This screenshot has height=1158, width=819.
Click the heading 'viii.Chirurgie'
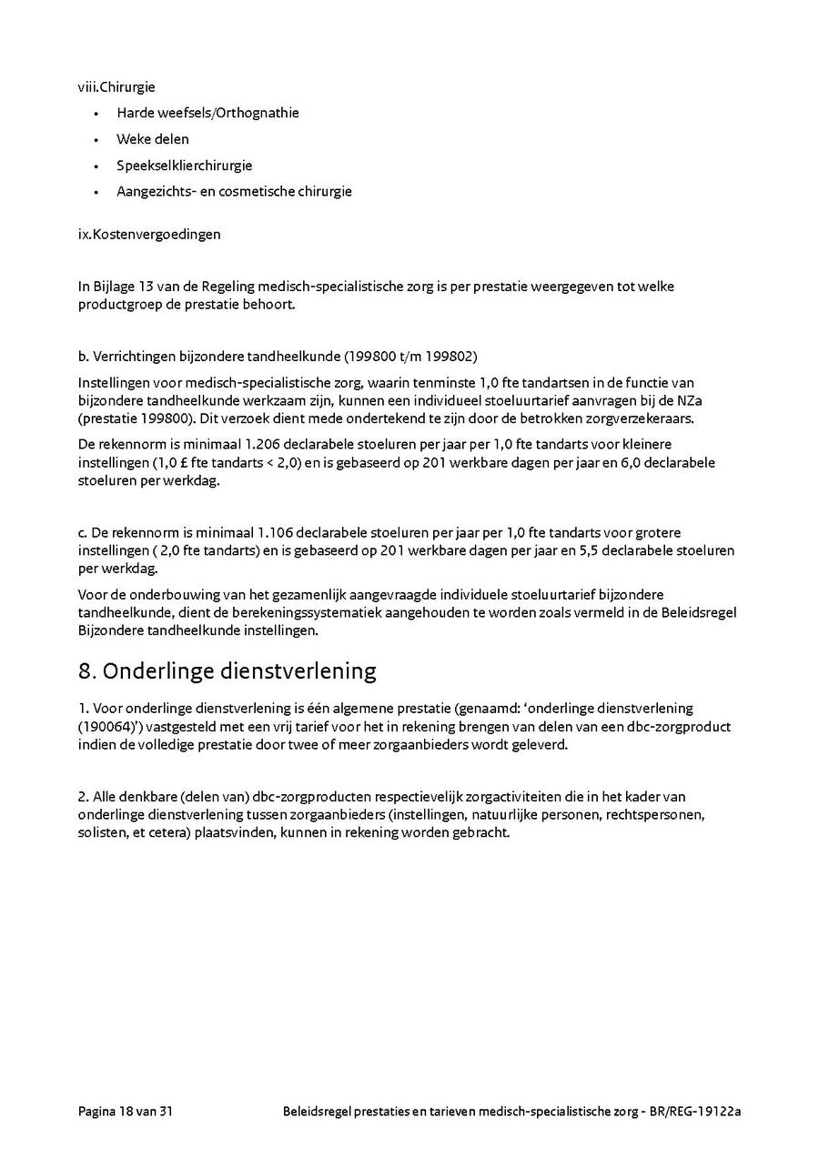[116, 87]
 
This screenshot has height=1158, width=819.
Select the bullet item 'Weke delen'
[152, 139]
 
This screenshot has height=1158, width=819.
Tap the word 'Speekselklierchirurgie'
[184, 166]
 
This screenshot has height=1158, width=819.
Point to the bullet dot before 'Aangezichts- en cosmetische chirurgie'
[96, 192]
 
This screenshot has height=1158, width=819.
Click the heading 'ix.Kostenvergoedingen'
[149, 234]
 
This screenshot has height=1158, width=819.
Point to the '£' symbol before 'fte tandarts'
[173, 462]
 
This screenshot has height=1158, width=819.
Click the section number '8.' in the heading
[87, 671]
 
